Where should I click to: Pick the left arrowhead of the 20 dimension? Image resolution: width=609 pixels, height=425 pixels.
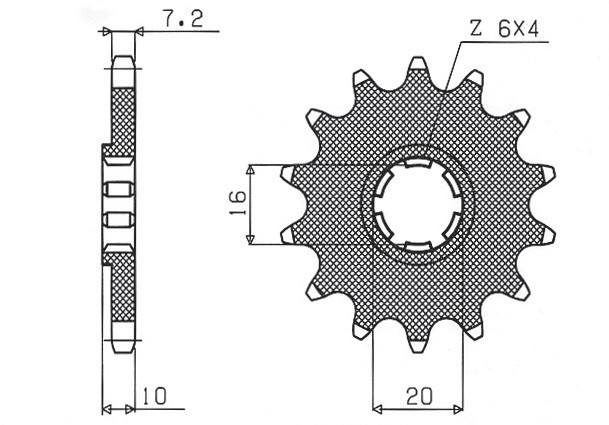coord(379,407)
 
